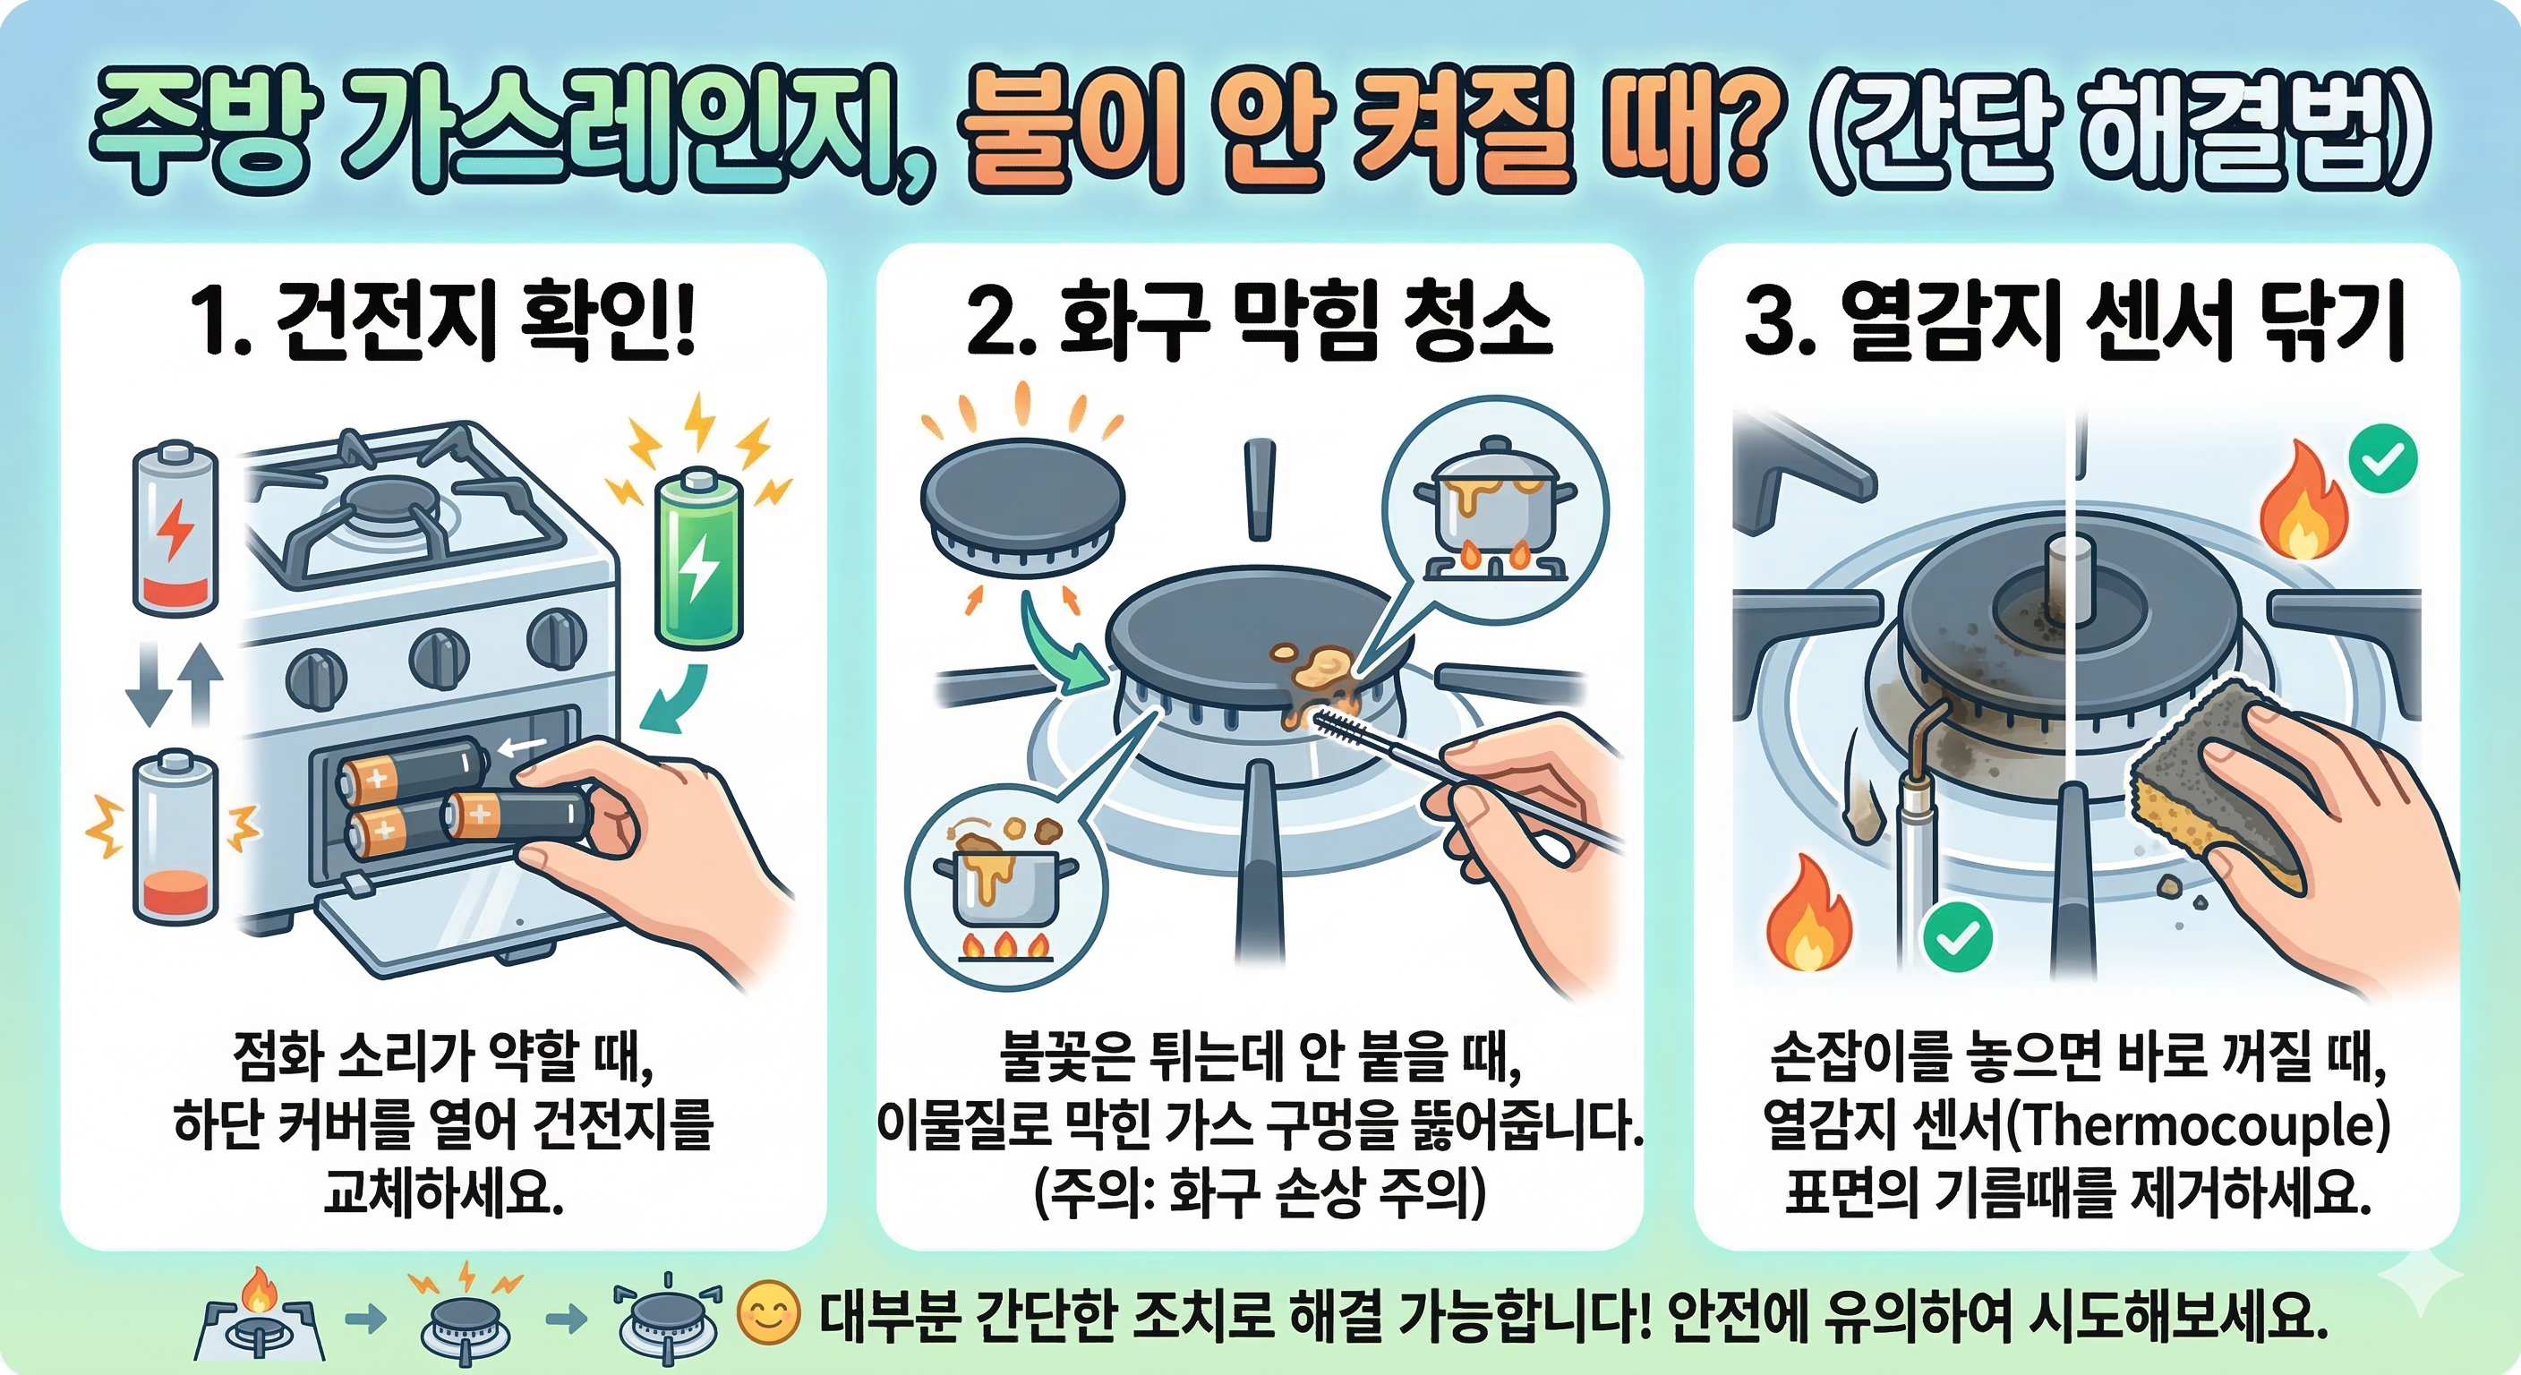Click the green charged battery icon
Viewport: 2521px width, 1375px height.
[699, 559]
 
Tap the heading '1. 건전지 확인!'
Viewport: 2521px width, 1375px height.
[443, 320]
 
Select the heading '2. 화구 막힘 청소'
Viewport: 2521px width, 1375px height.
[1259, 320]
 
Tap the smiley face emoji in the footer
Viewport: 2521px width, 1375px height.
[768, 1315]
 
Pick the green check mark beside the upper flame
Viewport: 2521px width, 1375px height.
[2383, 458]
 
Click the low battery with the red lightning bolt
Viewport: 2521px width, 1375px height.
[175, 528]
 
